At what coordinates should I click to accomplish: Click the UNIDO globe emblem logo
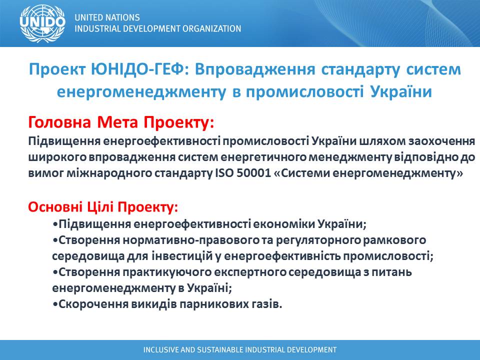click(x=42, y=23)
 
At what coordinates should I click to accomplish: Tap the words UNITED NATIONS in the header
click(x=107, y=17)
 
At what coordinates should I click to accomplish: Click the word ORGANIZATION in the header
click(x=212, y=28)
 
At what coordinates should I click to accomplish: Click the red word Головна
click(x=59, y=122)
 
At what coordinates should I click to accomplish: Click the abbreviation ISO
click(x=224, y=173)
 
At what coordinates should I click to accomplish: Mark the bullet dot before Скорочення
click(x=55, y=304)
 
